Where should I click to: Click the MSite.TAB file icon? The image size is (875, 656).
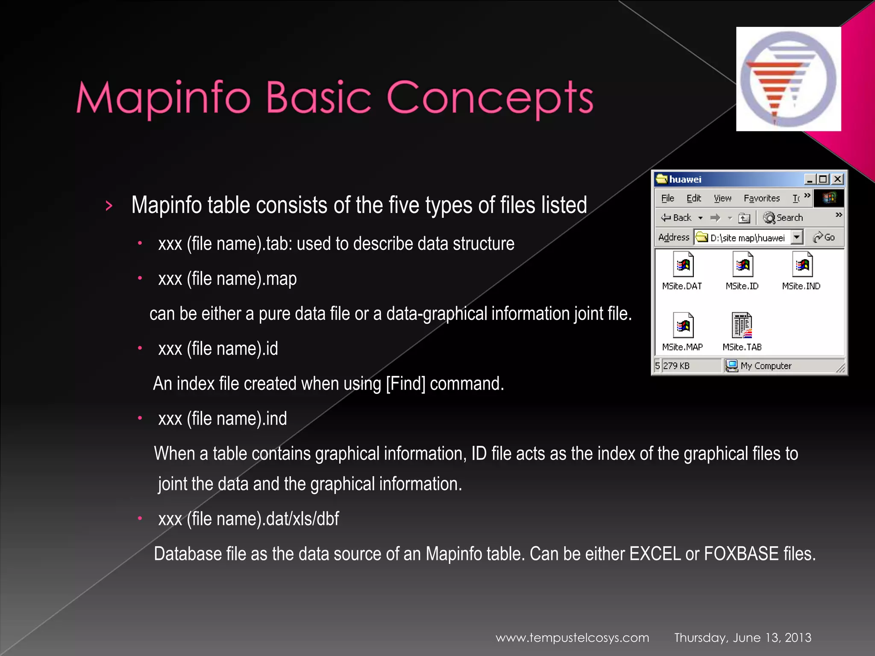[742, 325]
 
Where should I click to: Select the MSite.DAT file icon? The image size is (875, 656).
[683, 265]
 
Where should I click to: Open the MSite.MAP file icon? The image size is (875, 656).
[683, 325]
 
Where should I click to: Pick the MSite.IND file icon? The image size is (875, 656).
[802, 265]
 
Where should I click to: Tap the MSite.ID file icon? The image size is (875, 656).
[743, 265]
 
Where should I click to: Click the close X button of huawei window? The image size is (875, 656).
[837, 179]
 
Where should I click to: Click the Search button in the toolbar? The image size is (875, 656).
[784, 218]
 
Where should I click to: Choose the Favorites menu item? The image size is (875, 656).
[761, 199]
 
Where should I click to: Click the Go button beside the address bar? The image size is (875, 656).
[824, 237]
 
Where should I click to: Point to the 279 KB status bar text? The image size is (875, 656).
[676, 366]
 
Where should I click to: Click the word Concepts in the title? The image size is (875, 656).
[490, 98]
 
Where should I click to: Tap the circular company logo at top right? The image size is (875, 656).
[788, 79]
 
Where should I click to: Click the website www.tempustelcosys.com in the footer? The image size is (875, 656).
[572, 638]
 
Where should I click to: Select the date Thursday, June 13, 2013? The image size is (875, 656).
[743, 638]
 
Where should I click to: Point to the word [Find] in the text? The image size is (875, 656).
[405, 384]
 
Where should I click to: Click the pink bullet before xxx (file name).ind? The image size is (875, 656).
[140, 419]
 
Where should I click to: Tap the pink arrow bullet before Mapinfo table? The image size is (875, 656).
[109, 206]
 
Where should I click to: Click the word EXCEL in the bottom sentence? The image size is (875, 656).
[655, 554]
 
